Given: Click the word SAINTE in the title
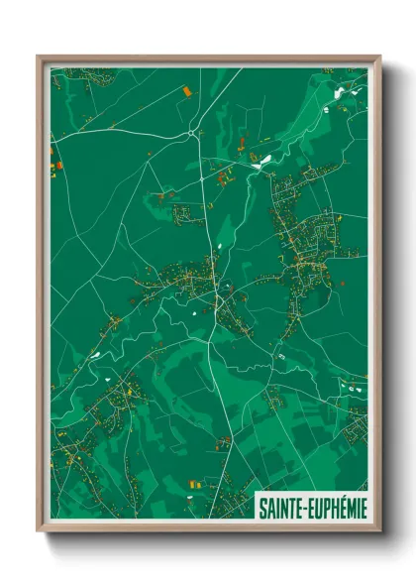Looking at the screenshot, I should coord(281,508).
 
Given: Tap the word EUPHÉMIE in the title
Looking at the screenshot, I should coord(338,508).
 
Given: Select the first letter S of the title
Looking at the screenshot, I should coord(262,508).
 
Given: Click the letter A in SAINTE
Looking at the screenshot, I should coord(269,508).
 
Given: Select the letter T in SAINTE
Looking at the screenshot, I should coord(292,508).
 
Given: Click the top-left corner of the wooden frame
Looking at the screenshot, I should coord(39,57).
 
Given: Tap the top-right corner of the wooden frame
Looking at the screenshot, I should coord(379,57).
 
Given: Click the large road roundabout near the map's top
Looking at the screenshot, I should coord(191,131).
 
